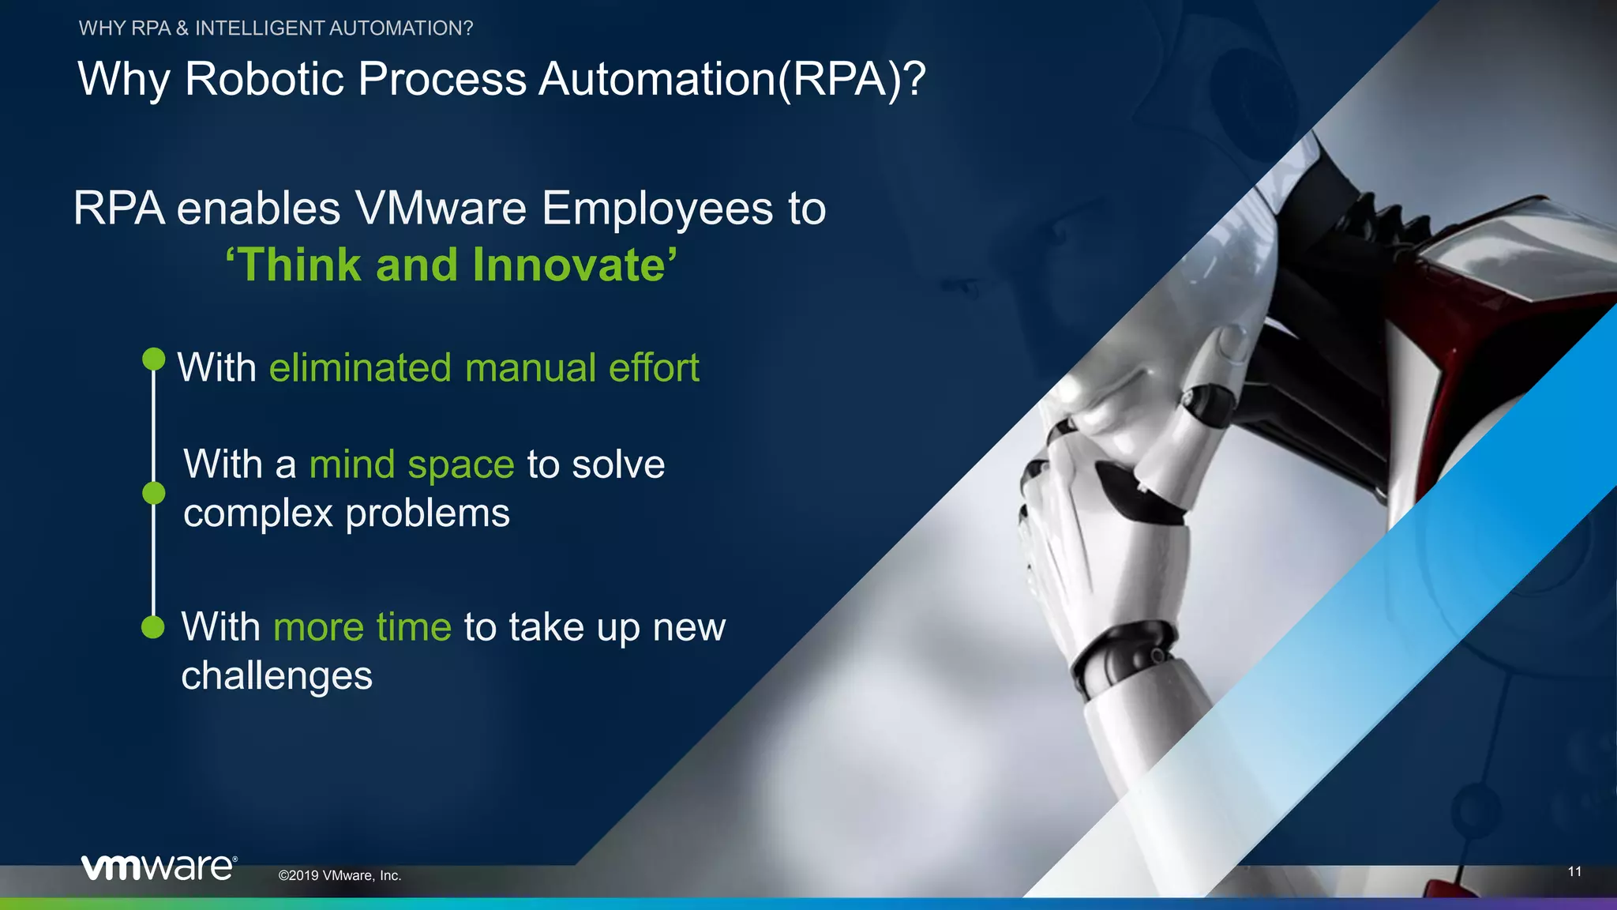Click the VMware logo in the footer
[x=158, y=867]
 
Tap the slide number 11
[x=1574, y=871]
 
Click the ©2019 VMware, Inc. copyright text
[x=340, y=875]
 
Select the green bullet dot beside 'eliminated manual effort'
[x=153, y=359]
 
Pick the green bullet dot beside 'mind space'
[x=153, y=493]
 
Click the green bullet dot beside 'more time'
[x=152, y=627]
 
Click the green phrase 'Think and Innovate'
[x=451, y=265]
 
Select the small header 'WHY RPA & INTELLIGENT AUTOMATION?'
[x=276, y=28]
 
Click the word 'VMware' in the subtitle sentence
[x=441, y=209]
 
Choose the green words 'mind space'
[x=411, y=464]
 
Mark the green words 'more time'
[x=362, y=627]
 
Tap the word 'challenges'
[x=276, y=676]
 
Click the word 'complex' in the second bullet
[x=258, y=514]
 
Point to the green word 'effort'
[x=654, y=368]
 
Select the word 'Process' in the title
[x=442, y=79]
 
